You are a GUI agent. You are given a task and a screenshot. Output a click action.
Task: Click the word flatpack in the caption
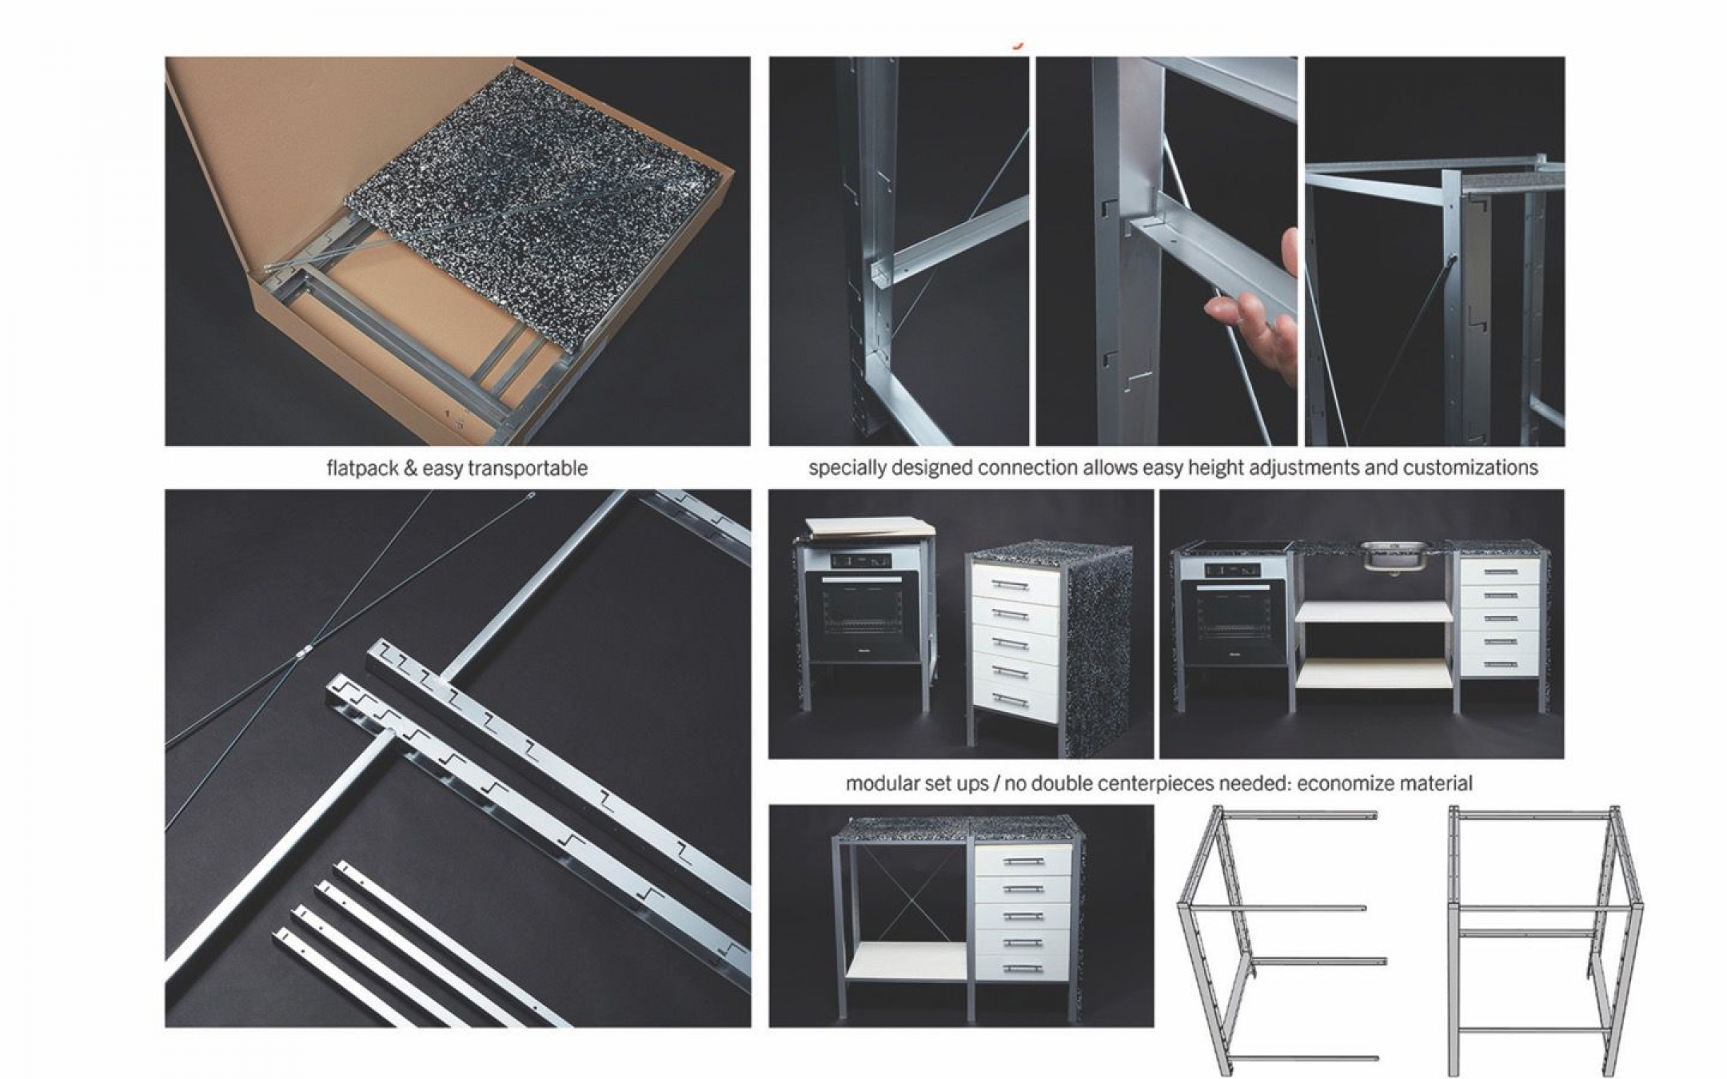click(x=361, y=468)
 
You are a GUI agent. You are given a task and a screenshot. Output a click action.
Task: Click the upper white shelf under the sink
click(x=1373, y=612)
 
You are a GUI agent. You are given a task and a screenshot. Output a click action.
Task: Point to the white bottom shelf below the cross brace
click(x=906, y=962)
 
